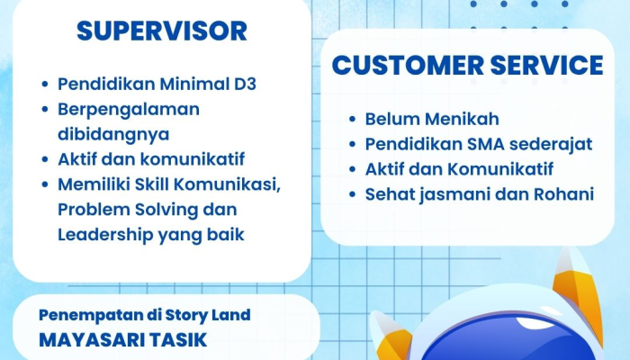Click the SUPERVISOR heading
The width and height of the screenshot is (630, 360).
(161, 31)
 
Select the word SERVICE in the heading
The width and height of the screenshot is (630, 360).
(547, 65)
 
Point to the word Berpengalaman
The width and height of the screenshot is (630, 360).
(129, 110)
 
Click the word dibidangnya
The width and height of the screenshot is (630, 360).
(113, 135)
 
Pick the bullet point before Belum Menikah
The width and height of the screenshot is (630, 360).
(353, 120)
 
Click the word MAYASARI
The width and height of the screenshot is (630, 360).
(86, 340)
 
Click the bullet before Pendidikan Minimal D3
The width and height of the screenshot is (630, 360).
(45, 85)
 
